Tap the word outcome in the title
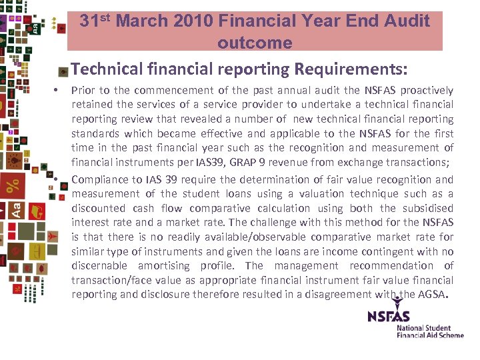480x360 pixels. (x=255, y=43)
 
